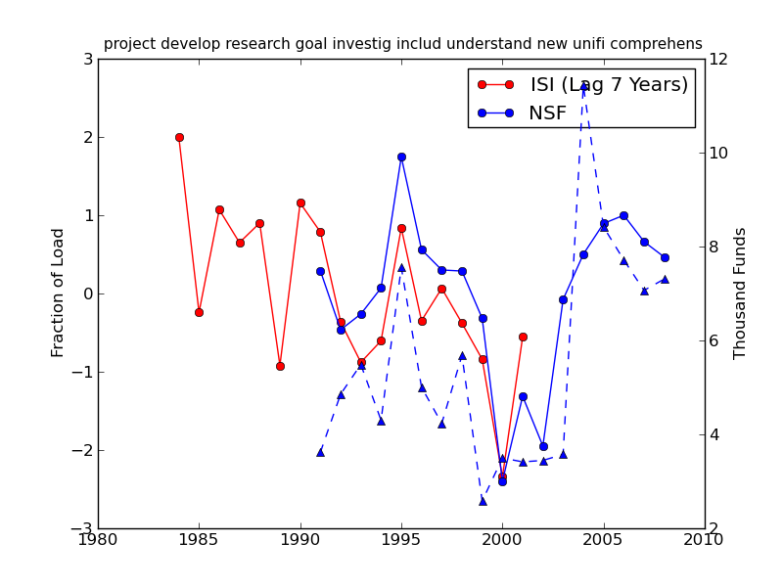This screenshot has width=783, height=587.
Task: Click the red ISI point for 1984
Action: pyautogui.click(x=179, y=137)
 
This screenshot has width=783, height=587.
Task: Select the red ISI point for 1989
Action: pyautogui.click(x=280, y=366)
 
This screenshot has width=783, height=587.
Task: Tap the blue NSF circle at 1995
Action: pyautogui.click(x=401, y=157)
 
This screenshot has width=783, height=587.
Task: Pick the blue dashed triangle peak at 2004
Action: pyautogui.click(x=583, y=87)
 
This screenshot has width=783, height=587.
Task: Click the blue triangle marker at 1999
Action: pyautogui.click(x=483, y=501)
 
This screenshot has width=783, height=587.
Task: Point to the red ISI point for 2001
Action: pyautogui.click(x=523, y=337)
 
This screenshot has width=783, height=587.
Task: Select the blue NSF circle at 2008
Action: pyautogui.click(x=665, y=257)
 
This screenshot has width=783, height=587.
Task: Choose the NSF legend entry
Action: pyautogui.click(x=547, y=113)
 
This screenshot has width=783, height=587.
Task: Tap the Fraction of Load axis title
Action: pyautogui.click(x=59, y=293)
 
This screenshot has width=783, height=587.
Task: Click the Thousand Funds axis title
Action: pyautogui.click(x=740, y=293)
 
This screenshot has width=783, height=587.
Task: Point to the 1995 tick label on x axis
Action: pyautogui.click(x=401, y=540)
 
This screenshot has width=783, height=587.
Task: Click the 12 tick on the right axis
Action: pyautogui.click(x=717, y=59)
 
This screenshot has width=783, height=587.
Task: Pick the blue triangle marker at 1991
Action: pyautogui.click(x=320, y=452)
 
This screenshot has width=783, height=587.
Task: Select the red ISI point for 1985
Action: pyautogui.click(x=199, y=312)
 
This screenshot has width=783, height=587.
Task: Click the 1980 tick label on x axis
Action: pyautogui.click(x=98, y=540)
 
